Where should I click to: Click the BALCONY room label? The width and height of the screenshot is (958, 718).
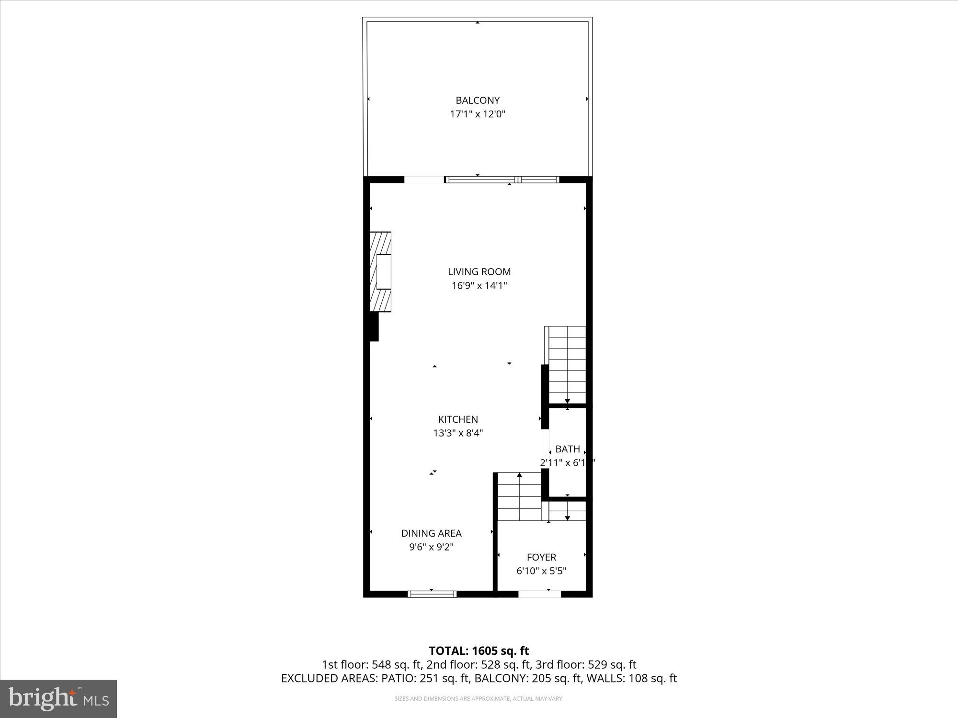[x=477, y=101]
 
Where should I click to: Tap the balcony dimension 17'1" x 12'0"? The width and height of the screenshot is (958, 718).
[x=477, y=114]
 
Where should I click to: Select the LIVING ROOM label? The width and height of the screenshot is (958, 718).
[x=479, y=272]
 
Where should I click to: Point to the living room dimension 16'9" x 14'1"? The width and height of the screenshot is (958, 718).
[x=479, y=286]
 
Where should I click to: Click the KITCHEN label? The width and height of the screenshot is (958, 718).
[x=458, y=419]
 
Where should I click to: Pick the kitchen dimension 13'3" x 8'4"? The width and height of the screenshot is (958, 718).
[x=458, y=433]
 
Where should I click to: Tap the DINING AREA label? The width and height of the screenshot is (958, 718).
[x=431, y=533]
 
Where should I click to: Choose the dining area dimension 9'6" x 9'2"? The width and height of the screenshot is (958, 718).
[x=431, y=547]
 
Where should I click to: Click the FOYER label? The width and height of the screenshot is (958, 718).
[x=541, y=557]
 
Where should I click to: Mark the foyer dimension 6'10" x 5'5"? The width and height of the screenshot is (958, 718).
[x=541, y=571]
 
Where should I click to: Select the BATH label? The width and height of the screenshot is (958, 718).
[x=568, y=449]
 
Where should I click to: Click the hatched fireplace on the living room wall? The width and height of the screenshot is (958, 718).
[x=381, y=272]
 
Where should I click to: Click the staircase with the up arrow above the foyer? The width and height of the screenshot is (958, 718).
[x=519, y=496]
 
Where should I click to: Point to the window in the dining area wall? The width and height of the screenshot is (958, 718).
[x=432, y=594]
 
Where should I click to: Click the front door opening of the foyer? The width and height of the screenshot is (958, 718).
[x=539, y=594]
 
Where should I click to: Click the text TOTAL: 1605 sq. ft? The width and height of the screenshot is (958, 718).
[x=479, y=651]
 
